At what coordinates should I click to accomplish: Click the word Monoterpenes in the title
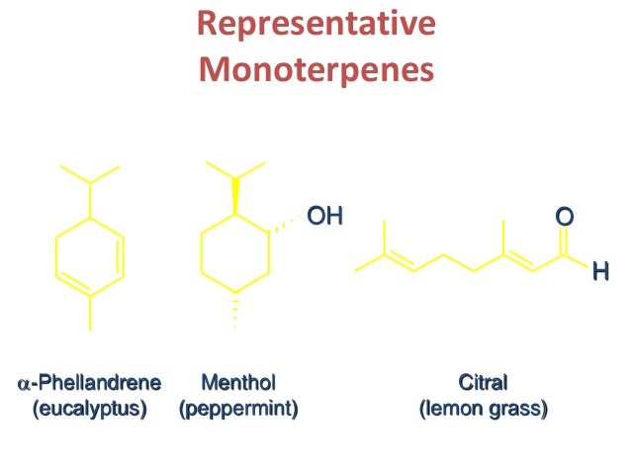(316, 70)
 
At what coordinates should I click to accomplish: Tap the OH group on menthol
(323, 215)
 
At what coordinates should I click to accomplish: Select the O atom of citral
(563, 215)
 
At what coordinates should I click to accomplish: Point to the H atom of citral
(598, 268)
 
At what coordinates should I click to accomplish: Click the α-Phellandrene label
(90, 382)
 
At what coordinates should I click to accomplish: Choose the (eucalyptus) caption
(90, 407)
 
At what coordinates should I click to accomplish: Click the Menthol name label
(237, 382)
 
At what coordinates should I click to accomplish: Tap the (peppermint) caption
(237, 407)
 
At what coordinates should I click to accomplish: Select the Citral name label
(483, 382)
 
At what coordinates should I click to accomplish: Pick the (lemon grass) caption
(483, 407)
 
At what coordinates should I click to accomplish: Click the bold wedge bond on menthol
(235, 196)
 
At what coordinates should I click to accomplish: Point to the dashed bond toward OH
(284, 224)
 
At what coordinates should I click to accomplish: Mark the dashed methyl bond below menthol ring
(235, 310)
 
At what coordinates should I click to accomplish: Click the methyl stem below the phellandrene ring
(90, 312)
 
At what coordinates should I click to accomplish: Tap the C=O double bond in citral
(563, 240)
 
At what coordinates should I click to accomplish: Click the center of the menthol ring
(235, 254)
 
